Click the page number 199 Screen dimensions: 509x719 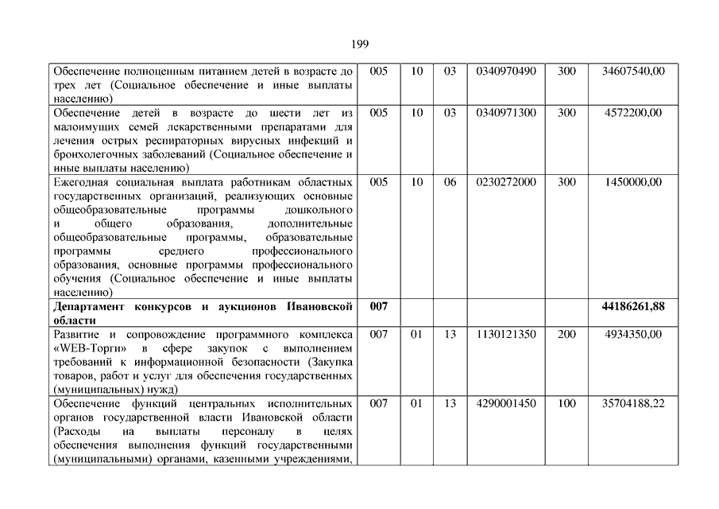click(x=359, y=44)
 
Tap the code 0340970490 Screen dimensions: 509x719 click(x=506, y=72)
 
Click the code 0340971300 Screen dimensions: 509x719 click(x=506, y=113)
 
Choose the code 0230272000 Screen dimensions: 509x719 click(x=506, y=182)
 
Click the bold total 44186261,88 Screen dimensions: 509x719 click(x=633, y=307)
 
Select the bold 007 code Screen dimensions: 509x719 click(x=379, y=307)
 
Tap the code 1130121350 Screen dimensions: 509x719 click(x=506, y=335)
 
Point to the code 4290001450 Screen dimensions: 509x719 click(x=506, y=404)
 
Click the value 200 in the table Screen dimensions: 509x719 click(x=566, y=335)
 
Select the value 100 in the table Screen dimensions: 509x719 click(x=566, y=404)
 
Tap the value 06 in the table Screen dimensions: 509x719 click(x=450, y=182)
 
